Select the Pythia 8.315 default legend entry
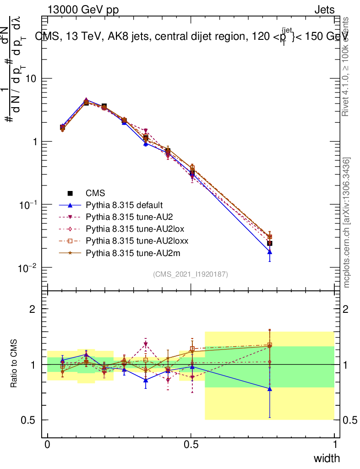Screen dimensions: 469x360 tap(124, 205)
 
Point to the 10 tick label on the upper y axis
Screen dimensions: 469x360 tap(30, 79)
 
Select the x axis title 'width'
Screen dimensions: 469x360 tap(326, 458)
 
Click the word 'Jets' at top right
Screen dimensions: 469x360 tap(324, 10)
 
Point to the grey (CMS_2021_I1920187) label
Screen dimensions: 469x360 tap(191, 274)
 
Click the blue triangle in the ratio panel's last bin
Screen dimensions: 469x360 tap(270, 389)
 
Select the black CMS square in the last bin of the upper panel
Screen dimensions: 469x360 tap(270, 243)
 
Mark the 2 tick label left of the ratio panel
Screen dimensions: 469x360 tap(33, 309)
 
